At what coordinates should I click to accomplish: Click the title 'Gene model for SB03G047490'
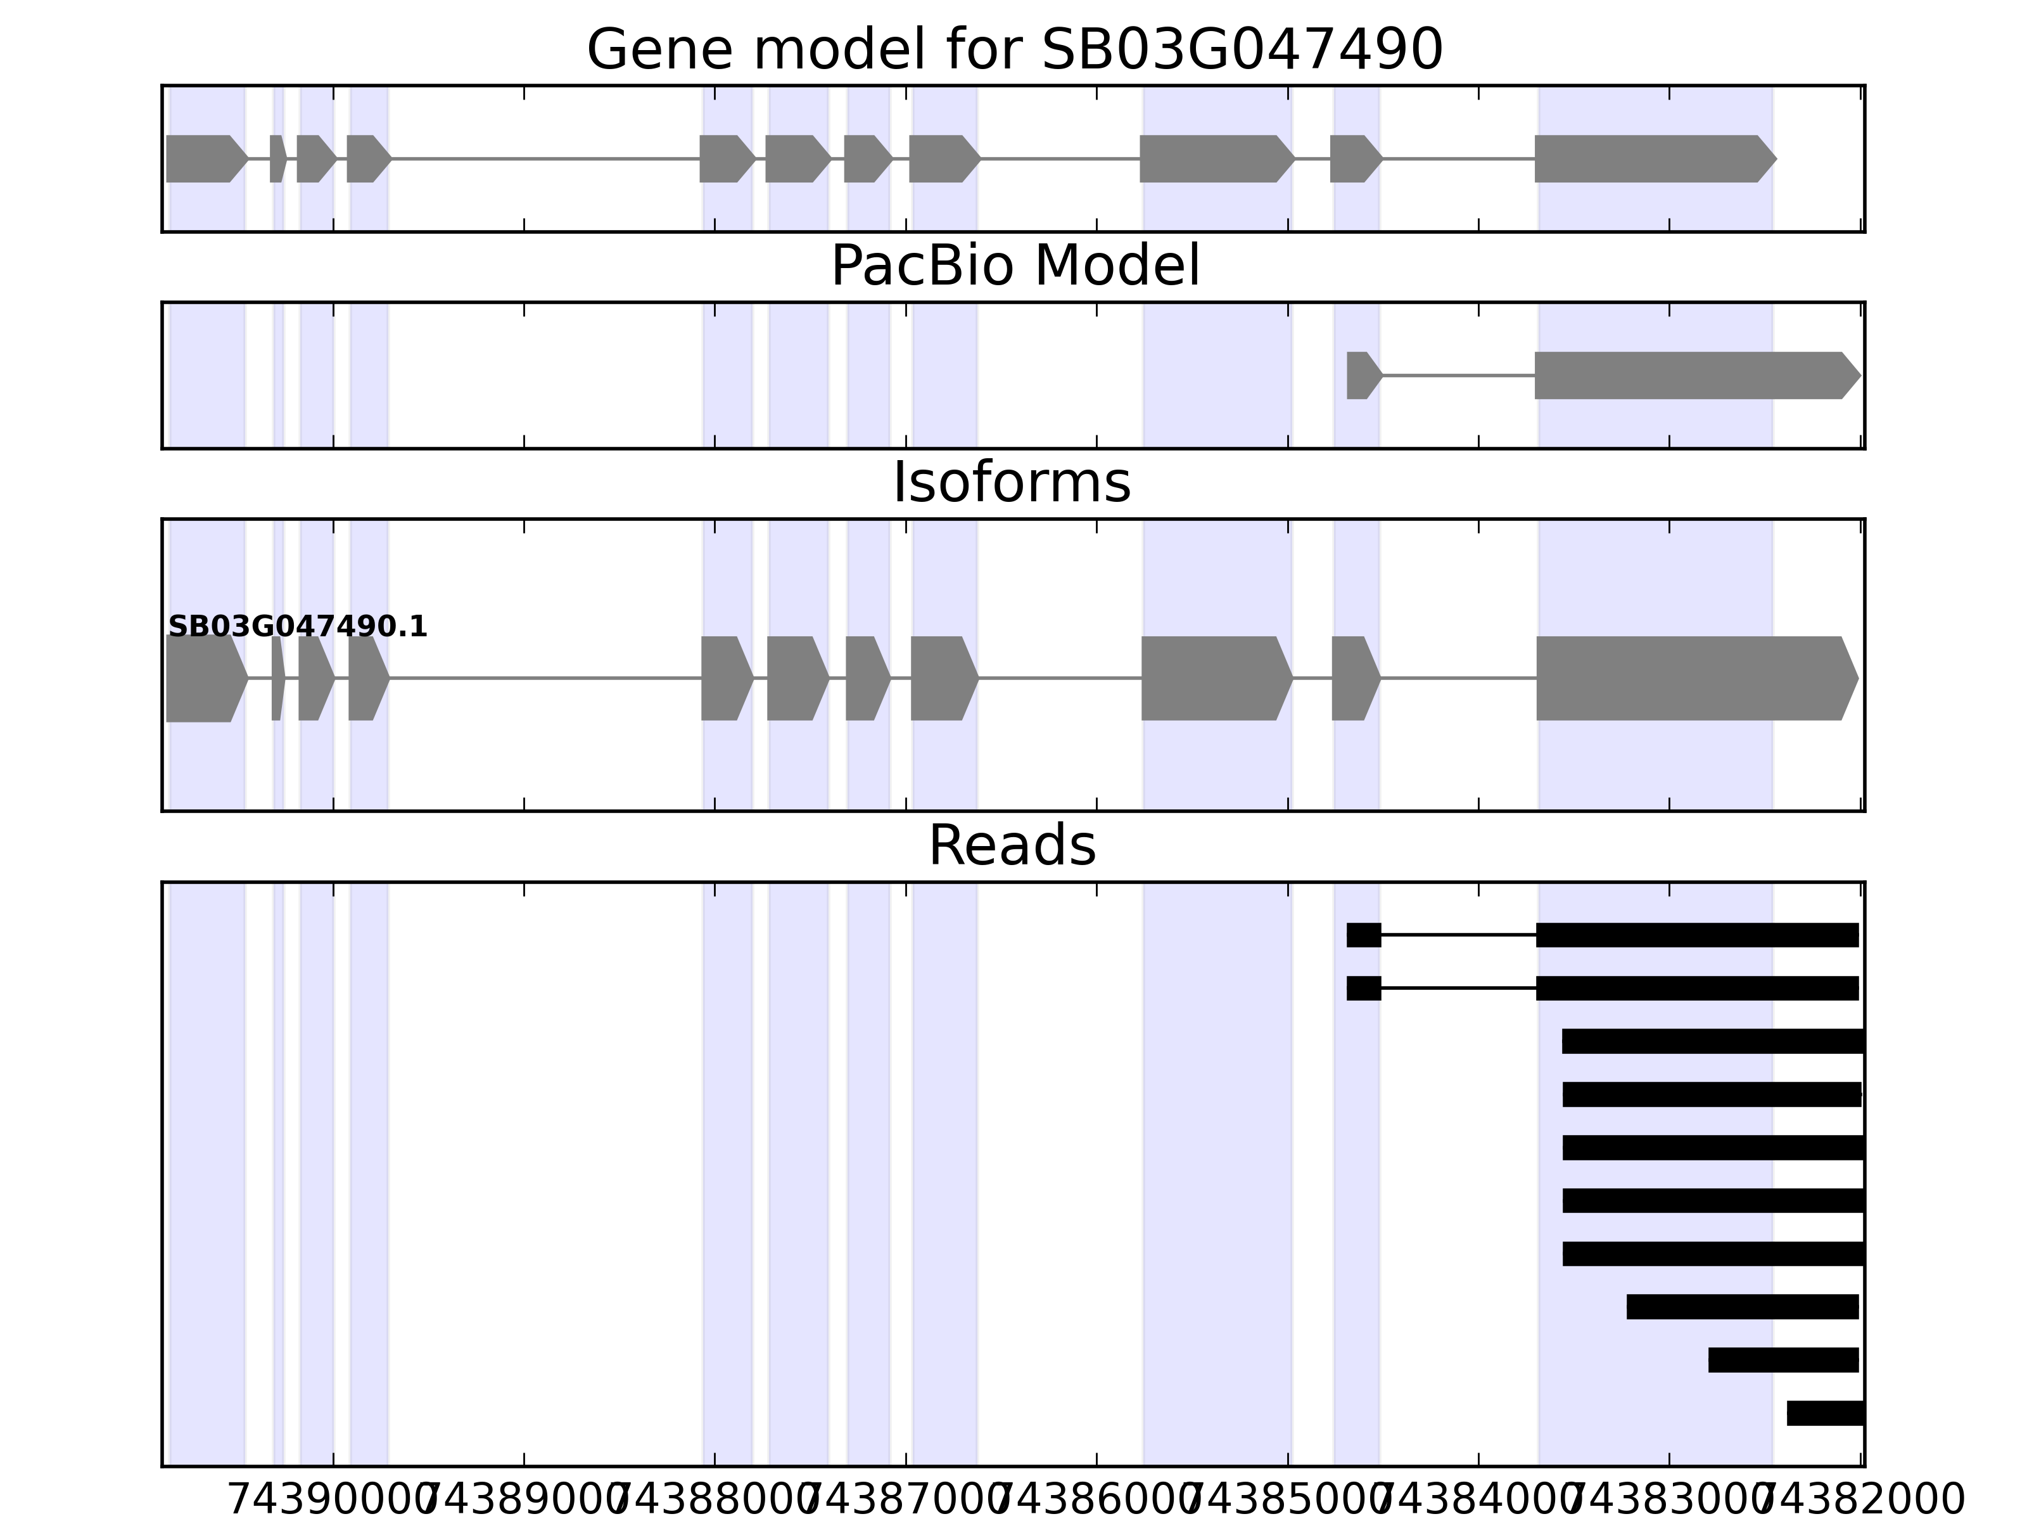[1014, 49]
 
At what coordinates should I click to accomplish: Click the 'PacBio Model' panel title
[1014, 266]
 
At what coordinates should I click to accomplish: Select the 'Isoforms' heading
[1012, 483]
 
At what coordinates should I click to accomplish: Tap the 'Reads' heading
[1012, 845]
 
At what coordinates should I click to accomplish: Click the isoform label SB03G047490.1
[298, 627]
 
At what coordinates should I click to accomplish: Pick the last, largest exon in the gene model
[1650, 158]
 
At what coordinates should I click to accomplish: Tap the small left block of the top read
[1364, 935]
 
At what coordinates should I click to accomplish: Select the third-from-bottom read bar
[1742, 1306]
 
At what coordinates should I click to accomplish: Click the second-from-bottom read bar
[1782, 1359]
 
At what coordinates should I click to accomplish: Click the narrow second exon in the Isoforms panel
[277, 679]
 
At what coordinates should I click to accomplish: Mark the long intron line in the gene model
[545, 158]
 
